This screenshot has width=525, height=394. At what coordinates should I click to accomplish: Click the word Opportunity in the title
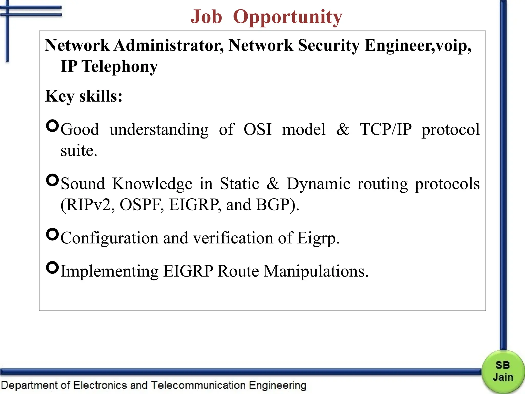pos(287,17)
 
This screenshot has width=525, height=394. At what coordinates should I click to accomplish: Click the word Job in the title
pos(206,17)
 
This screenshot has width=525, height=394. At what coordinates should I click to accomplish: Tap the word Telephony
pos(119,66)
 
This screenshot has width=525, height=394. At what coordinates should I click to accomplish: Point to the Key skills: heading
pos(84,96)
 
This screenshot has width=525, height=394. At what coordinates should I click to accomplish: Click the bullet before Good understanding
pos(53,126)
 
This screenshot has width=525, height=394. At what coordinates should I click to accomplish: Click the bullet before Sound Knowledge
pos(53,180)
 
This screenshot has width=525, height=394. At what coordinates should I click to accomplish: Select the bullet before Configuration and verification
pos(53,234)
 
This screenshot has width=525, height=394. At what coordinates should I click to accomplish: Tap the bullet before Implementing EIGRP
pos(53,268)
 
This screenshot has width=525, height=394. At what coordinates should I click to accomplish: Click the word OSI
pos(257,129)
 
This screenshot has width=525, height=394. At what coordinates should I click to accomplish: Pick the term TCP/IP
pos(386,129)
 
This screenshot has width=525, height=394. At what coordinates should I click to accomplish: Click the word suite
pos(79,151)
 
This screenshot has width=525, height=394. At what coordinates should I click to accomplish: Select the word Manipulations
pos(316,271)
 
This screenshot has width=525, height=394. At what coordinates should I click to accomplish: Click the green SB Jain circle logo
pos(503,371)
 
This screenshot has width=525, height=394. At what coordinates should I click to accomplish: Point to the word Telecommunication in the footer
pos(198,385)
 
